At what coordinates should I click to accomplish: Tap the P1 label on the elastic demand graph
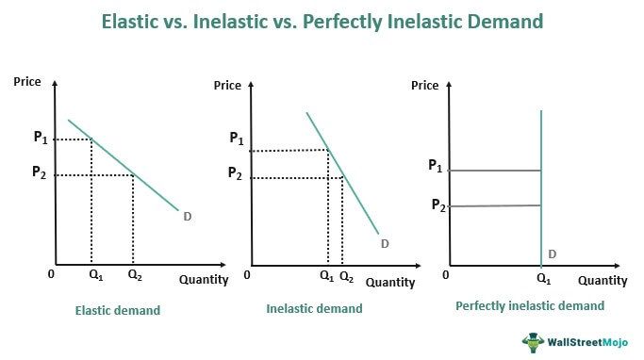tap(41, 138)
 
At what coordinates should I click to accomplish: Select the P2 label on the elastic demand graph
tap(40, 172)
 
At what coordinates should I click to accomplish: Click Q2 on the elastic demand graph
tap(134, 276)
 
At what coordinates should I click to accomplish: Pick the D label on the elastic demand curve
tap(188, 217)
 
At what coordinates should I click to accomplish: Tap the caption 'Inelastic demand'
tap(314, 308)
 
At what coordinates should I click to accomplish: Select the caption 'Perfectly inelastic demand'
tap(529, 306)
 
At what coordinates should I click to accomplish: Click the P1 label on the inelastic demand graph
tap(236, 139)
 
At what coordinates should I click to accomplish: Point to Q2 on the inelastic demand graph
tap(346, 277)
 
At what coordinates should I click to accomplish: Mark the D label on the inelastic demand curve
tap(385, 244)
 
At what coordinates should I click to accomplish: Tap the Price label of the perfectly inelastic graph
tap(426, 86)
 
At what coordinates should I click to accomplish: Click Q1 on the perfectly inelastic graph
tap(544, 279)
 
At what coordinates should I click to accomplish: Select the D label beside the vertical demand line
tap(552, 254)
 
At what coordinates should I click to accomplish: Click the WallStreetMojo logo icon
tap(536, 342)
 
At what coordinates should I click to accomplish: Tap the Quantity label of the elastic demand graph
tap(204, 279)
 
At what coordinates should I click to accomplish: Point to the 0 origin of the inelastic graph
tap(247, 276)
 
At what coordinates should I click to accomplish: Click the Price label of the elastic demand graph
tap(28, 82)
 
